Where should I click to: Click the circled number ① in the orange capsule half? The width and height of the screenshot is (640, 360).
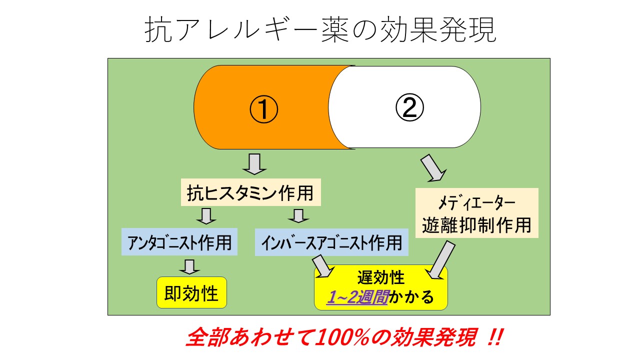click(263, 109)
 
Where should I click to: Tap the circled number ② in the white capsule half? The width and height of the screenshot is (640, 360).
click(409, 107)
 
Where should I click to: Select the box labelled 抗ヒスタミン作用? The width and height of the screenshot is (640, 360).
click(251, 192)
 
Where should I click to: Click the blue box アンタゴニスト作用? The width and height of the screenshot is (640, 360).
click(179, 241)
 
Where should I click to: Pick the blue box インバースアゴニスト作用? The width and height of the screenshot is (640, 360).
click(331, 242)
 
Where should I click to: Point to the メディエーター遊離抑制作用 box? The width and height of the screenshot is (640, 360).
click(477, 213)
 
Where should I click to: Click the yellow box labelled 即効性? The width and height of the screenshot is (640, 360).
click(191, 292)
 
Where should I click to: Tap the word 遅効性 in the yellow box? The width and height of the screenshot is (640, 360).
click(381, 277)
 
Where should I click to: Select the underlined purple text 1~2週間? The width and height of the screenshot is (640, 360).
click(357, 297)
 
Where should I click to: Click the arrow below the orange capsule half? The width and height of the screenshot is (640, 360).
click(254, 164)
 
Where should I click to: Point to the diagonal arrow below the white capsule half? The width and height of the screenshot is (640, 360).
click(433, 168)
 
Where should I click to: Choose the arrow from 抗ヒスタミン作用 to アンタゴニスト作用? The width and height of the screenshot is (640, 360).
click(206, 216)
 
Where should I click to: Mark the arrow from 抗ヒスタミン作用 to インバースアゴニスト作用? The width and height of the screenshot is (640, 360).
click(298, 216)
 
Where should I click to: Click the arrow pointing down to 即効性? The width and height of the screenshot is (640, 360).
click(189, 267)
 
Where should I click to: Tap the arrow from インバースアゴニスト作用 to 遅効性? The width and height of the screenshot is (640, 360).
click(323, 266)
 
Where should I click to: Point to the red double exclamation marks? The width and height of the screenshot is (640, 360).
click(495, 337)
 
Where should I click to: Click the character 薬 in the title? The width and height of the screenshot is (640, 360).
click(335, 29)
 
